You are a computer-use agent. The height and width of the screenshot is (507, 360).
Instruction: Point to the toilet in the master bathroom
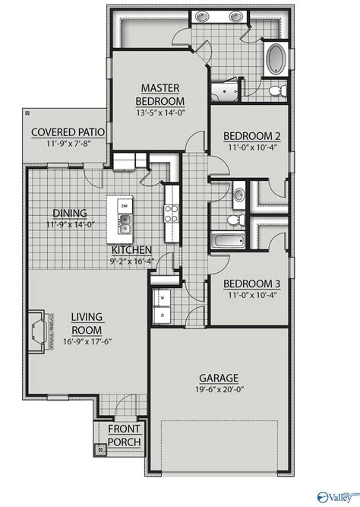pos(277,90)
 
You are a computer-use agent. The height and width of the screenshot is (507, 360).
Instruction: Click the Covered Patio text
pos(68,132)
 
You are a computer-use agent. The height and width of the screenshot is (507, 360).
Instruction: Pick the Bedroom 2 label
pos(252,136)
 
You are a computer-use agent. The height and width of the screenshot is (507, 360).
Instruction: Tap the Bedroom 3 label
pos(252,284)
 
